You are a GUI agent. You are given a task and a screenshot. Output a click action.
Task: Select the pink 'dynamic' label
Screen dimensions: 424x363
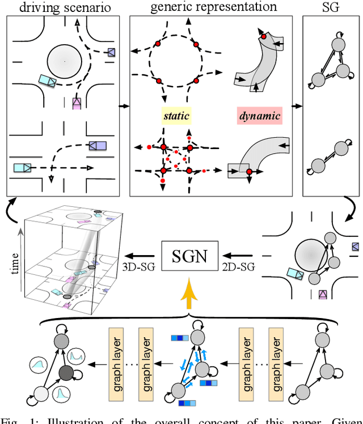259,116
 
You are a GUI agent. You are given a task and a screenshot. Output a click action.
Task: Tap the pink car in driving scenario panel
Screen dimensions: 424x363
77,103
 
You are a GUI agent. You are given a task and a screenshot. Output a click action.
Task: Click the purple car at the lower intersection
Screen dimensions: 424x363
97,146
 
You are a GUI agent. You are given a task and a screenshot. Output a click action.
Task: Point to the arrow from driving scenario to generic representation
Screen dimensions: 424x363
124,105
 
